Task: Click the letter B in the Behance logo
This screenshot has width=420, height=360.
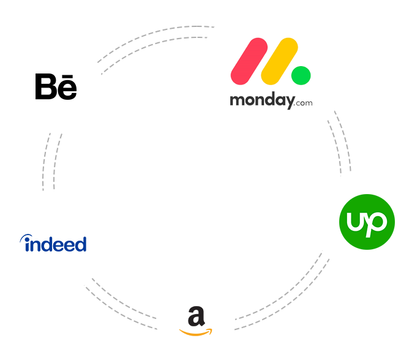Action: tap(45, 87)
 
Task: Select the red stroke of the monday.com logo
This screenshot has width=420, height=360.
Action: tap(247, 61)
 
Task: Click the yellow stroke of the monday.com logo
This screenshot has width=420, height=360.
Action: tap(279, 61)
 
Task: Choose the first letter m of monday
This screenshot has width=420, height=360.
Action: tap(236, 100)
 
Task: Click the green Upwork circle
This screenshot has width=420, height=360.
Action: tap(367, 222)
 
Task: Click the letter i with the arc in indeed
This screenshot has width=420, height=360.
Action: tap(25, 244)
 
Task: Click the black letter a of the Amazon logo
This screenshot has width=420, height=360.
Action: tap(195, 317)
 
